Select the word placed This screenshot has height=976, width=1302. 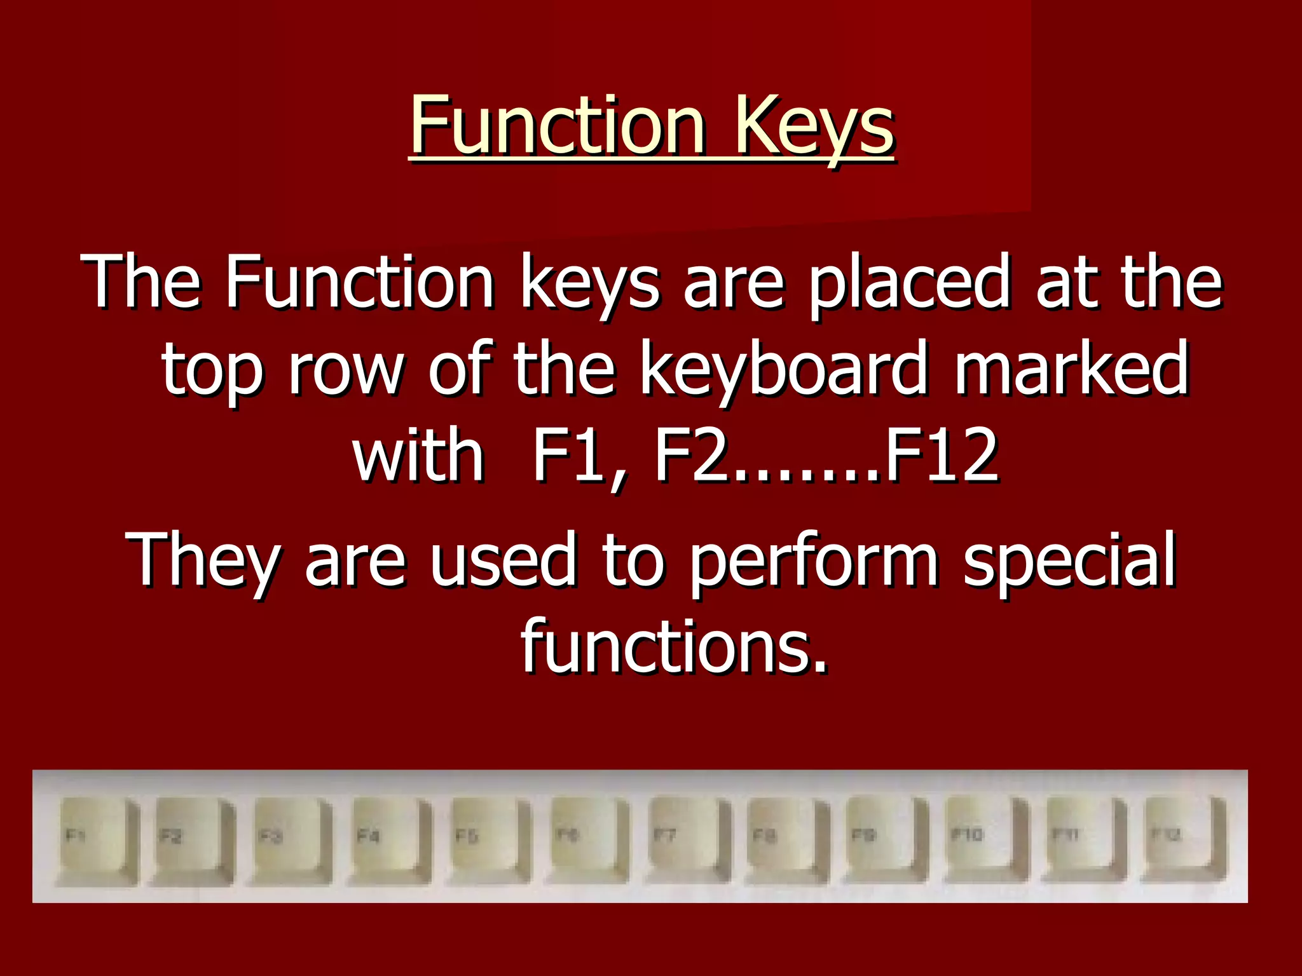coord(908,281)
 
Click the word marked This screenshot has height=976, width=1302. coord(1071,369)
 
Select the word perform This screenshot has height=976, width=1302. coord(814,559)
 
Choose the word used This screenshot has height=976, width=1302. coord(503,559)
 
